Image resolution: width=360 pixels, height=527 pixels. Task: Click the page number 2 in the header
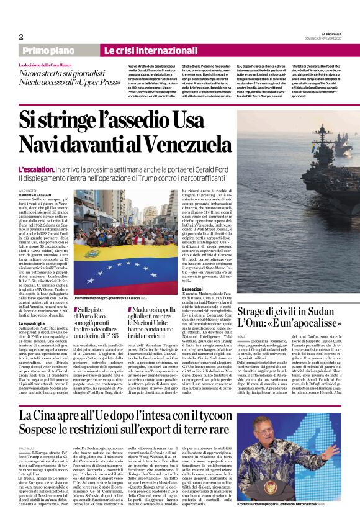[x=21, y=36]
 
